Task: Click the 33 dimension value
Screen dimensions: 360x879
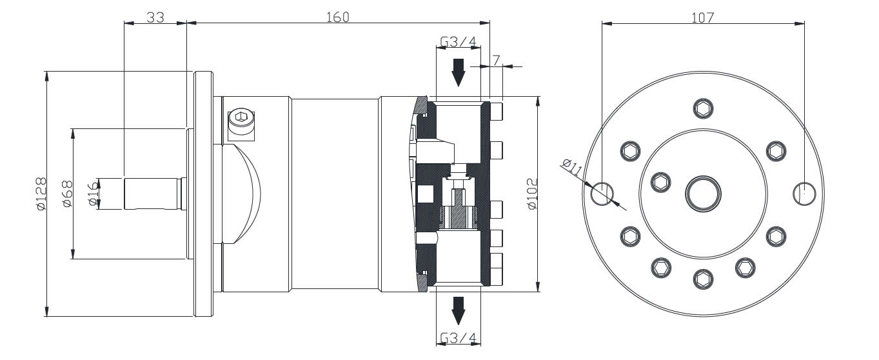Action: tap(155, 17)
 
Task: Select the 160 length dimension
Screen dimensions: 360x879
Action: tap(337, 17)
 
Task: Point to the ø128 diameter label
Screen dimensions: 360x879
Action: tap(40, 194)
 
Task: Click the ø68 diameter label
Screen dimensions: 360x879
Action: tap(66, 194)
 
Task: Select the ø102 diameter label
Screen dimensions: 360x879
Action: tap(532, 194)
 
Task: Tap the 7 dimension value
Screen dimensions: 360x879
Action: tap(496, 60)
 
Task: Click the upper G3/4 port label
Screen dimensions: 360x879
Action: tap(458, 43)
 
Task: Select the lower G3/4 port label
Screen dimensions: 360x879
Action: tap(458, 339)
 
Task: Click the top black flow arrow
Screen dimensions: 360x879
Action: tap(458, 72)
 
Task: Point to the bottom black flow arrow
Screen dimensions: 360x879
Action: tap(458, 310)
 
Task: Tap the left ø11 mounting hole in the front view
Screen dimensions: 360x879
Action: tap(602, 192)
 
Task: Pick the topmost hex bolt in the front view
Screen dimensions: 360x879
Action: tap(703, 108)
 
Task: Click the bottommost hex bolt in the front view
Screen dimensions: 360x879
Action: tap(703, 279)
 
